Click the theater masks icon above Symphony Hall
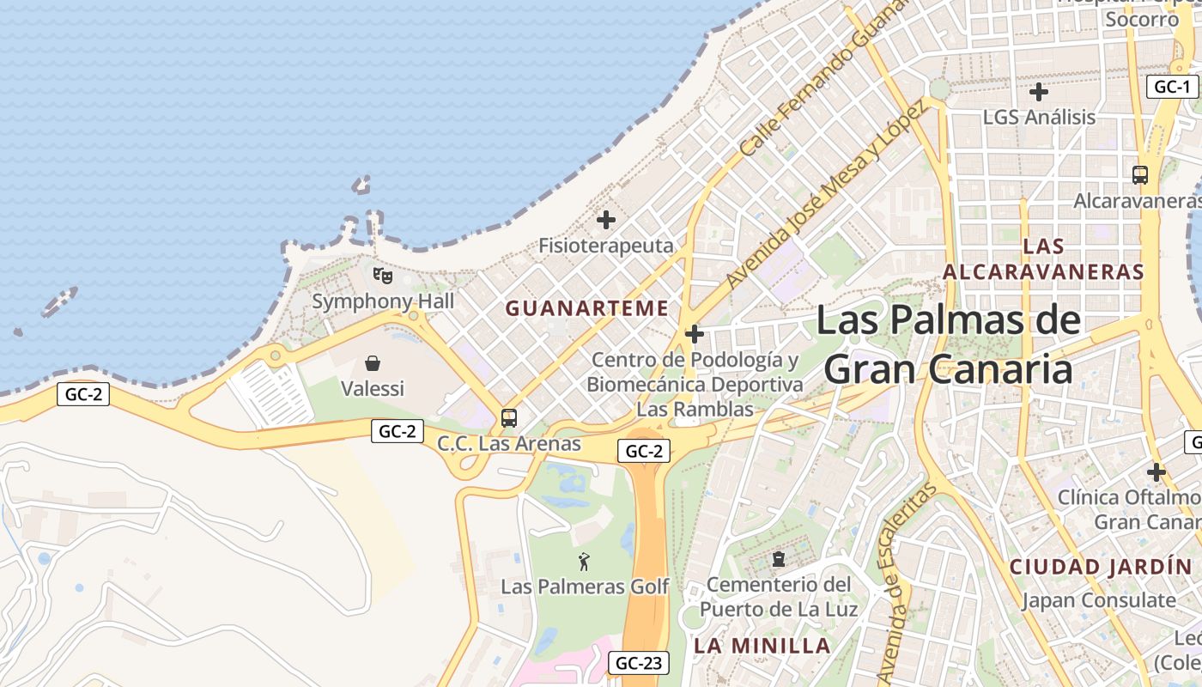pyautogui.click(x=383, y=276)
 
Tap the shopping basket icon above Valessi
pyautogui.click(x=373, y=363)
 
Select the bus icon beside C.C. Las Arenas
pyautogui.click(x=509, y=418)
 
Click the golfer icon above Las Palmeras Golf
pyautogui.click(x=584, y=562)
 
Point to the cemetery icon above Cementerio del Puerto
pyautogui.click(x=779, y=559)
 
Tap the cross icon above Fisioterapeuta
pyautogui.click(x=606, y=220)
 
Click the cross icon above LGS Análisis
pyautogui.click(x=1039, y=91)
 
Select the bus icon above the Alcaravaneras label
pyautogui.click(x=1140, y=174)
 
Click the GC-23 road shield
pyautogui.click(x=640, y=663)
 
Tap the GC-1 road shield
pyautogui.click(x=1172, y=87)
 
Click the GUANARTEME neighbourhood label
pyautogui.click(x=586, y=308)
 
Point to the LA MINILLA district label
pyautogui.click(x=762, y=646)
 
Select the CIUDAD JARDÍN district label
pyautogui.click(x=1101, y=567)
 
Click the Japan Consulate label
pyautogui.click(x=1098, y=600)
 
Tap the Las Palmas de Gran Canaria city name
pyautogui.click(x=948, y=344)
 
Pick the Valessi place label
pyautogui.click(x=373, y=388)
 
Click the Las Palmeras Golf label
pyautogui.click(x=584, y=587)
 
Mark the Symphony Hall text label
pyautogui.click(x=383, y=301)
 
